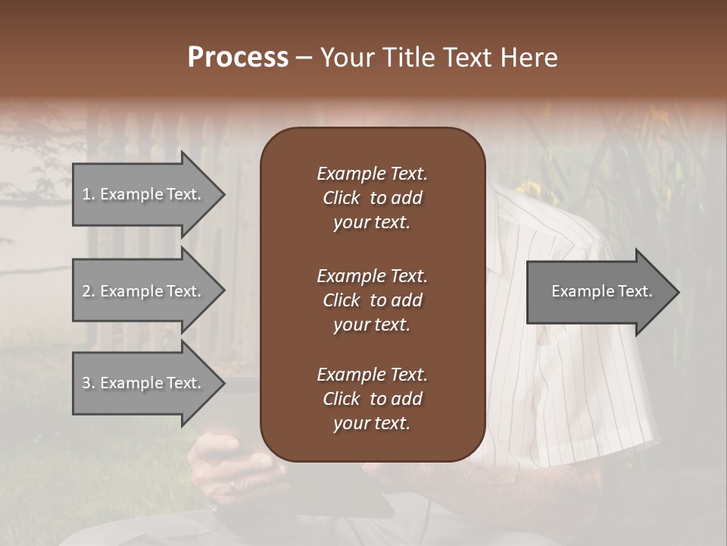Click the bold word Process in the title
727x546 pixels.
238,58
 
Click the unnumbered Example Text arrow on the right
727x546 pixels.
602,291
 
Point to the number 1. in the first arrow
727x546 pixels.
88,194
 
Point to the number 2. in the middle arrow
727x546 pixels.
88,291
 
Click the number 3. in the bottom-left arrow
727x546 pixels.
88,383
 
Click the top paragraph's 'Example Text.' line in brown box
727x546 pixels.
372,174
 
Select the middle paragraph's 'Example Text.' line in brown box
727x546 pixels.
372,275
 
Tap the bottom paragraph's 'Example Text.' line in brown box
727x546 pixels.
372,375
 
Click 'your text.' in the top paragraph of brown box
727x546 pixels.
372,222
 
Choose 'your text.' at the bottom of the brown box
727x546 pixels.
372,423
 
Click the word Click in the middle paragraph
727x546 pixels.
342,300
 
